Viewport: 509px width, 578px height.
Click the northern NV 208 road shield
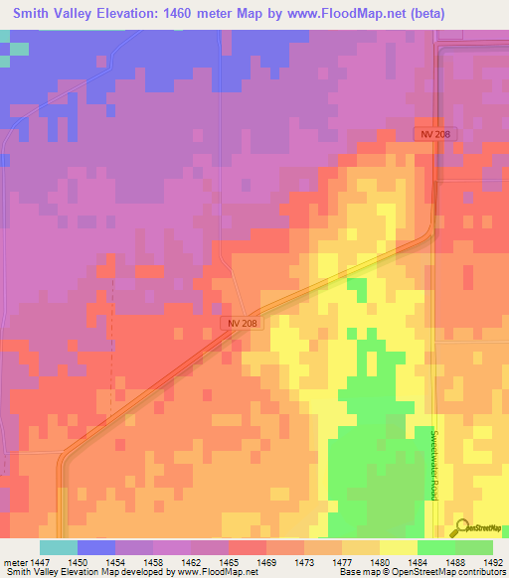coord(433,134)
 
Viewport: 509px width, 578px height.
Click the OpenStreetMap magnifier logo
coord(461,529)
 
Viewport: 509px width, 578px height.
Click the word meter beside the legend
coord(16,561)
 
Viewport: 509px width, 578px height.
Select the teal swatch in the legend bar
coord(59,547)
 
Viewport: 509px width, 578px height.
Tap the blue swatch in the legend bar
coord(96,547)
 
